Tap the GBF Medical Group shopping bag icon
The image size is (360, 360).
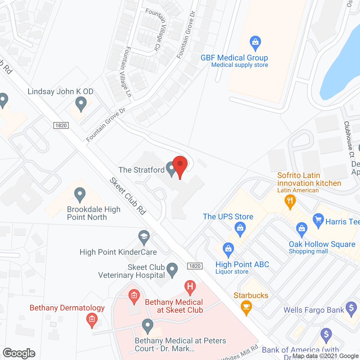click(x=255, y=43)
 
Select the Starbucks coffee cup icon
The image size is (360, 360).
click(x=246, y=307)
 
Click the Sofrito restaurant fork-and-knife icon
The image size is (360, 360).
click(x=290, y=202)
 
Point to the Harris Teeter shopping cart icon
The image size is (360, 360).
click(x=318, y=220)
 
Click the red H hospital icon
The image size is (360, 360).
click(x=190, y=287)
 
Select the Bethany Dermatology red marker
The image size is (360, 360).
click(x=92, y=320)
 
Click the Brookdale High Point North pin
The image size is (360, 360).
click(x=80, y=194)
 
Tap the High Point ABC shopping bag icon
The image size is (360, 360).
click(x=228, y=249)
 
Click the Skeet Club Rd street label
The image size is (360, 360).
click(x=128, y=196)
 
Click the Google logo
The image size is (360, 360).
click(x=19, y=353)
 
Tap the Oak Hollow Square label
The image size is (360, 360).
click(x=322, y=244)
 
